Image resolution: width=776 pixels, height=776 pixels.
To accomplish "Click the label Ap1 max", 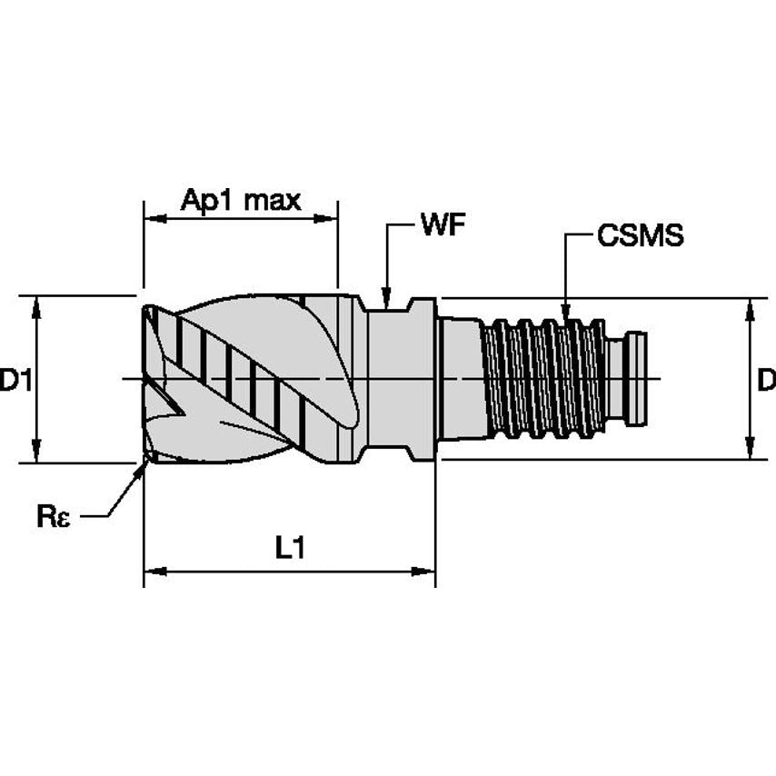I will [240, 200].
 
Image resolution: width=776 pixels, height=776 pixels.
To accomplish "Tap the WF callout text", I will [443, 225].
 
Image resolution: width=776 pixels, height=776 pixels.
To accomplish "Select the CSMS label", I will [640, 236].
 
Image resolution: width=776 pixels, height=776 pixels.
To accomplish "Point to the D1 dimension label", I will [15, 381].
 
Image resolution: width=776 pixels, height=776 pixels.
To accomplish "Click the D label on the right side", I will [766, 381].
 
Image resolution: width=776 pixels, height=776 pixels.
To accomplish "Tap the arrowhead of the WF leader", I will [386, 300].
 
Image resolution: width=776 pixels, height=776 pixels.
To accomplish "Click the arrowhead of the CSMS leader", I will [565, 315].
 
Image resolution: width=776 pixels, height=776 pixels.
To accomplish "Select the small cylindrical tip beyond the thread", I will [638, 379].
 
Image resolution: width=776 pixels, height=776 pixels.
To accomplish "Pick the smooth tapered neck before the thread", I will [461, 379].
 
